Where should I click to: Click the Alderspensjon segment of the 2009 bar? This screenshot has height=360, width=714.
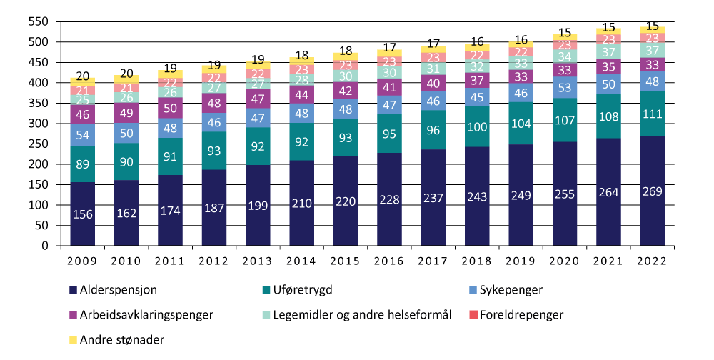click(x=82, y=214)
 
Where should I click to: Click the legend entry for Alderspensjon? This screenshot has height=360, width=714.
click(x=115, y=290)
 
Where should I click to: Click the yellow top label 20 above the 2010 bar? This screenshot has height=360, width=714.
click(x=126, y=73)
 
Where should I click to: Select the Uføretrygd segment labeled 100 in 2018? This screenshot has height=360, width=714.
click(x=477, y=127)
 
